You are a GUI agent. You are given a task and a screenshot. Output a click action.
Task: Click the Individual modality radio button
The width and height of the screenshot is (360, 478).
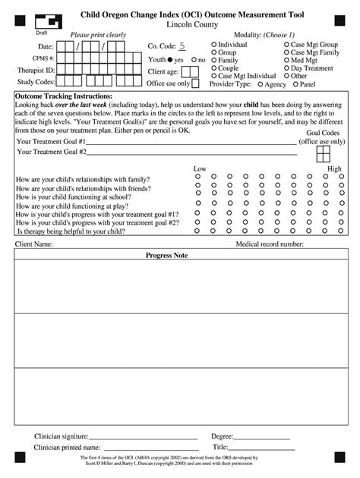coord(213,45)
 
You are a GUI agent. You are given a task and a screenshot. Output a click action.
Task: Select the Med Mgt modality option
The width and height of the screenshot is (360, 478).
coord(286,61)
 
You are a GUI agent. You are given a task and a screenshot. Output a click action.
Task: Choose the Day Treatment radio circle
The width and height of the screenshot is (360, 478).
coord(286,68)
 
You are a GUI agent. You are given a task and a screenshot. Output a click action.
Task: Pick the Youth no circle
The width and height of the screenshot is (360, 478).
coord(194,60)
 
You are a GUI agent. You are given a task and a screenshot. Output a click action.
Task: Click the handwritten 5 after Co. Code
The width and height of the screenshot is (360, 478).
coord(182,46)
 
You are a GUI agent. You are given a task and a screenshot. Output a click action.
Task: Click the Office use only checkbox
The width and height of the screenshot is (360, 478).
coord(195,83)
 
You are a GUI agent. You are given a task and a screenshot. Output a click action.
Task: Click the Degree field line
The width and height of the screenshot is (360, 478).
coord(262,438)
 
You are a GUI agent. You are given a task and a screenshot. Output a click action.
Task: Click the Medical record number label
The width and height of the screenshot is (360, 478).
coord(270,244)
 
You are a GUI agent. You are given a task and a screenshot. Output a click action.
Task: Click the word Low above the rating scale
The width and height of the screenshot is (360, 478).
coord(200,168)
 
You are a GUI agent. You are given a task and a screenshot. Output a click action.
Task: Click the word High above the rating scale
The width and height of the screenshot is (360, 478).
coord(334,168)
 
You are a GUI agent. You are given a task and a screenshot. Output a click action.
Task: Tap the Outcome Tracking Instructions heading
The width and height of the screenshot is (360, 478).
coord(64,97)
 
